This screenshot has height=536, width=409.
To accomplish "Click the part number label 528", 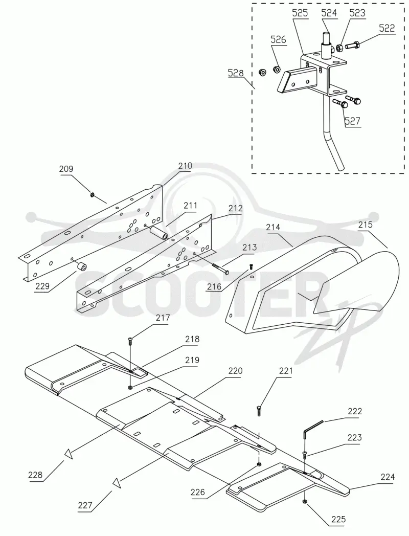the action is [x=236, y=73].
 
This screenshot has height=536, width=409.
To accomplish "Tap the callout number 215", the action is [x=365, y=225].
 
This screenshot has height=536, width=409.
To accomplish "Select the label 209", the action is [x=66, y=169].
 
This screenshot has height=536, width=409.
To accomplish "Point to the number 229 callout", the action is [x=42, y=286].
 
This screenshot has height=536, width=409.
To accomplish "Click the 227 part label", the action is [x=85, y=505].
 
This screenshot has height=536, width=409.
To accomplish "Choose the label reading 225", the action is [x=338, y=519].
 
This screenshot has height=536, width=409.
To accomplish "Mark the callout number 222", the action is [x=355, y=411].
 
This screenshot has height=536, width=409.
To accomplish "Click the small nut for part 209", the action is [x=92, y=194].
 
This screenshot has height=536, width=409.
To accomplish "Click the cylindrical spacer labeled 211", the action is [x=159, y=233].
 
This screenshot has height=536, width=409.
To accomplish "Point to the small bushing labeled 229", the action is [x=82, y=265].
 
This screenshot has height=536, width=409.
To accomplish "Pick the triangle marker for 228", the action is [x=69, y=454].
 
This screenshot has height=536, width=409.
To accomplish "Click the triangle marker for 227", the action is [x=117, y=483].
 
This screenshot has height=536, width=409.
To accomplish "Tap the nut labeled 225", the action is [x=304, y=501].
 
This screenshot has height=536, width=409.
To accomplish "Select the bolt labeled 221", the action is [x=259, y=411].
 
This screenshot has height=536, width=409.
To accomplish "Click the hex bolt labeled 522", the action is [x=352, y=45].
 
